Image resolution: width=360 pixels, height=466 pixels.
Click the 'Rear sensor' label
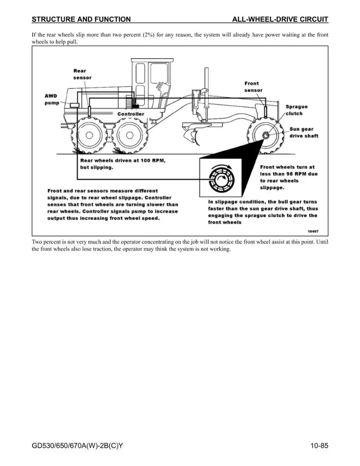click(82, 74)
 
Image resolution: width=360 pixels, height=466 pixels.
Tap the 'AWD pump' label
click(52, 99)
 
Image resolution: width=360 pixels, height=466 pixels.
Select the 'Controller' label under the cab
click(131, 114)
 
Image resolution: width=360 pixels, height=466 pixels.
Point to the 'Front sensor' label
click(253, 87)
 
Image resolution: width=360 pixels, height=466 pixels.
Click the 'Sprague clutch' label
click(297, 110)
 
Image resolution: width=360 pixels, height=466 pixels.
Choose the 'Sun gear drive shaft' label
click(304, 132)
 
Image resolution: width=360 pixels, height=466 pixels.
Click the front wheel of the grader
click(265, 136)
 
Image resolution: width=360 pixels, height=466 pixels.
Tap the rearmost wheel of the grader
click(89, 136)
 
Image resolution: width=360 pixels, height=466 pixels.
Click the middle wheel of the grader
click(129, 136)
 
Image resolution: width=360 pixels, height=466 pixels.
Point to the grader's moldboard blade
click(191, 135)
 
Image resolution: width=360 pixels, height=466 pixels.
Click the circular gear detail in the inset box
click(221, 179)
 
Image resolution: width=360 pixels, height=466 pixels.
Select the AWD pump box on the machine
click(74, 105)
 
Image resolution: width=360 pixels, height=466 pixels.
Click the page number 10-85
click(319, 445)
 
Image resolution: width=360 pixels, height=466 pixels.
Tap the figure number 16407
click(313, 231)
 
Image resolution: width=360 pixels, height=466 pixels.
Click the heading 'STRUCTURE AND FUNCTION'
click(81, 19)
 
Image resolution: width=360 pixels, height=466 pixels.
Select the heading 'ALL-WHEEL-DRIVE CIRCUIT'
click(280, 19)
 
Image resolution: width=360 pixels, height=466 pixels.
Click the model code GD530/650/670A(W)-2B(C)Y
click(77, 446)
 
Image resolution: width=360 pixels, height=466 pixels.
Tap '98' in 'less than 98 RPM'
click(290, 174)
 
